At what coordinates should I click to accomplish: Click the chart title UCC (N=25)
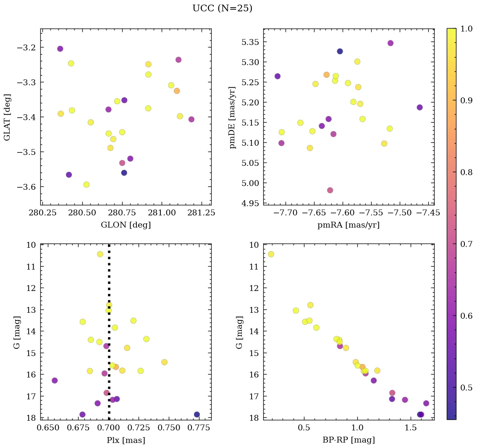(222, 8)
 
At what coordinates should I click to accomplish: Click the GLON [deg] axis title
(126, 225)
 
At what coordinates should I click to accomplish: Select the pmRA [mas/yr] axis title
(349, 225)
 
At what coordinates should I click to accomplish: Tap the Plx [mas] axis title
(126, 440)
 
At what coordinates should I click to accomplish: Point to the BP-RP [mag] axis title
(349, 440)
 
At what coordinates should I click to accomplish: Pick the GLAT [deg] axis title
(7, 117)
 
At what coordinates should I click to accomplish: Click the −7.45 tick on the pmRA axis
(429, 213)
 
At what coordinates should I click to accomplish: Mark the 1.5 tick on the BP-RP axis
(411, 428)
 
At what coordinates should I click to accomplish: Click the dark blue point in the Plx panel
(197, 414)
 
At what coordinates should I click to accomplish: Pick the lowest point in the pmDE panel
(330, 190)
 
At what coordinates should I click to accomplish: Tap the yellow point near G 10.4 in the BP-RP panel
(271, 254)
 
